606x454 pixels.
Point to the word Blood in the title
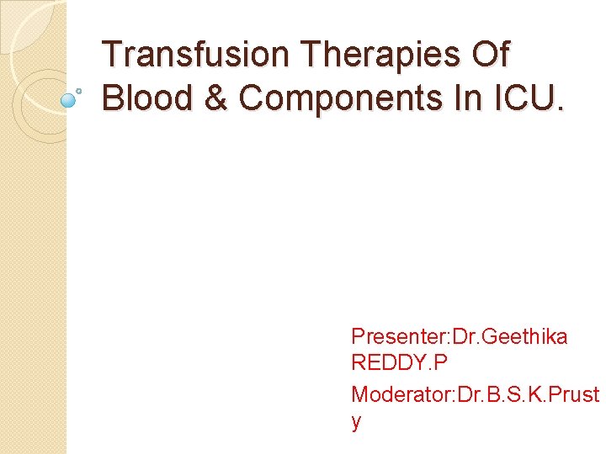148,98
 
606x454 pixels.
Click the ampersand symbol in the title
217,98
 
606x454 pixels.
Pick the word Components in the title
348,98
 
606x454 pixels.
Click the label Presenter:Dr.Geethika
459,337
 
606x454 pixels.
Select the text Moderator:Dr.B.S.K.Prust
475,393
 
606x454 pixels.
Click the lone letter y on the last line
356,422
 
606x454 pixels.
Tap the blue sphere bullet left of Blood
68,100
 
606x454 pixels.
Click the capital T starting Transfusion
111,55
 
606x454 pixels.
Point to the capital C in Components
251,98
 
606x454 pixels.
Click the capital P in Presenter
358,337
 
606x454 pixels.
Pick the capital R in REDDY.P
358,364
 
